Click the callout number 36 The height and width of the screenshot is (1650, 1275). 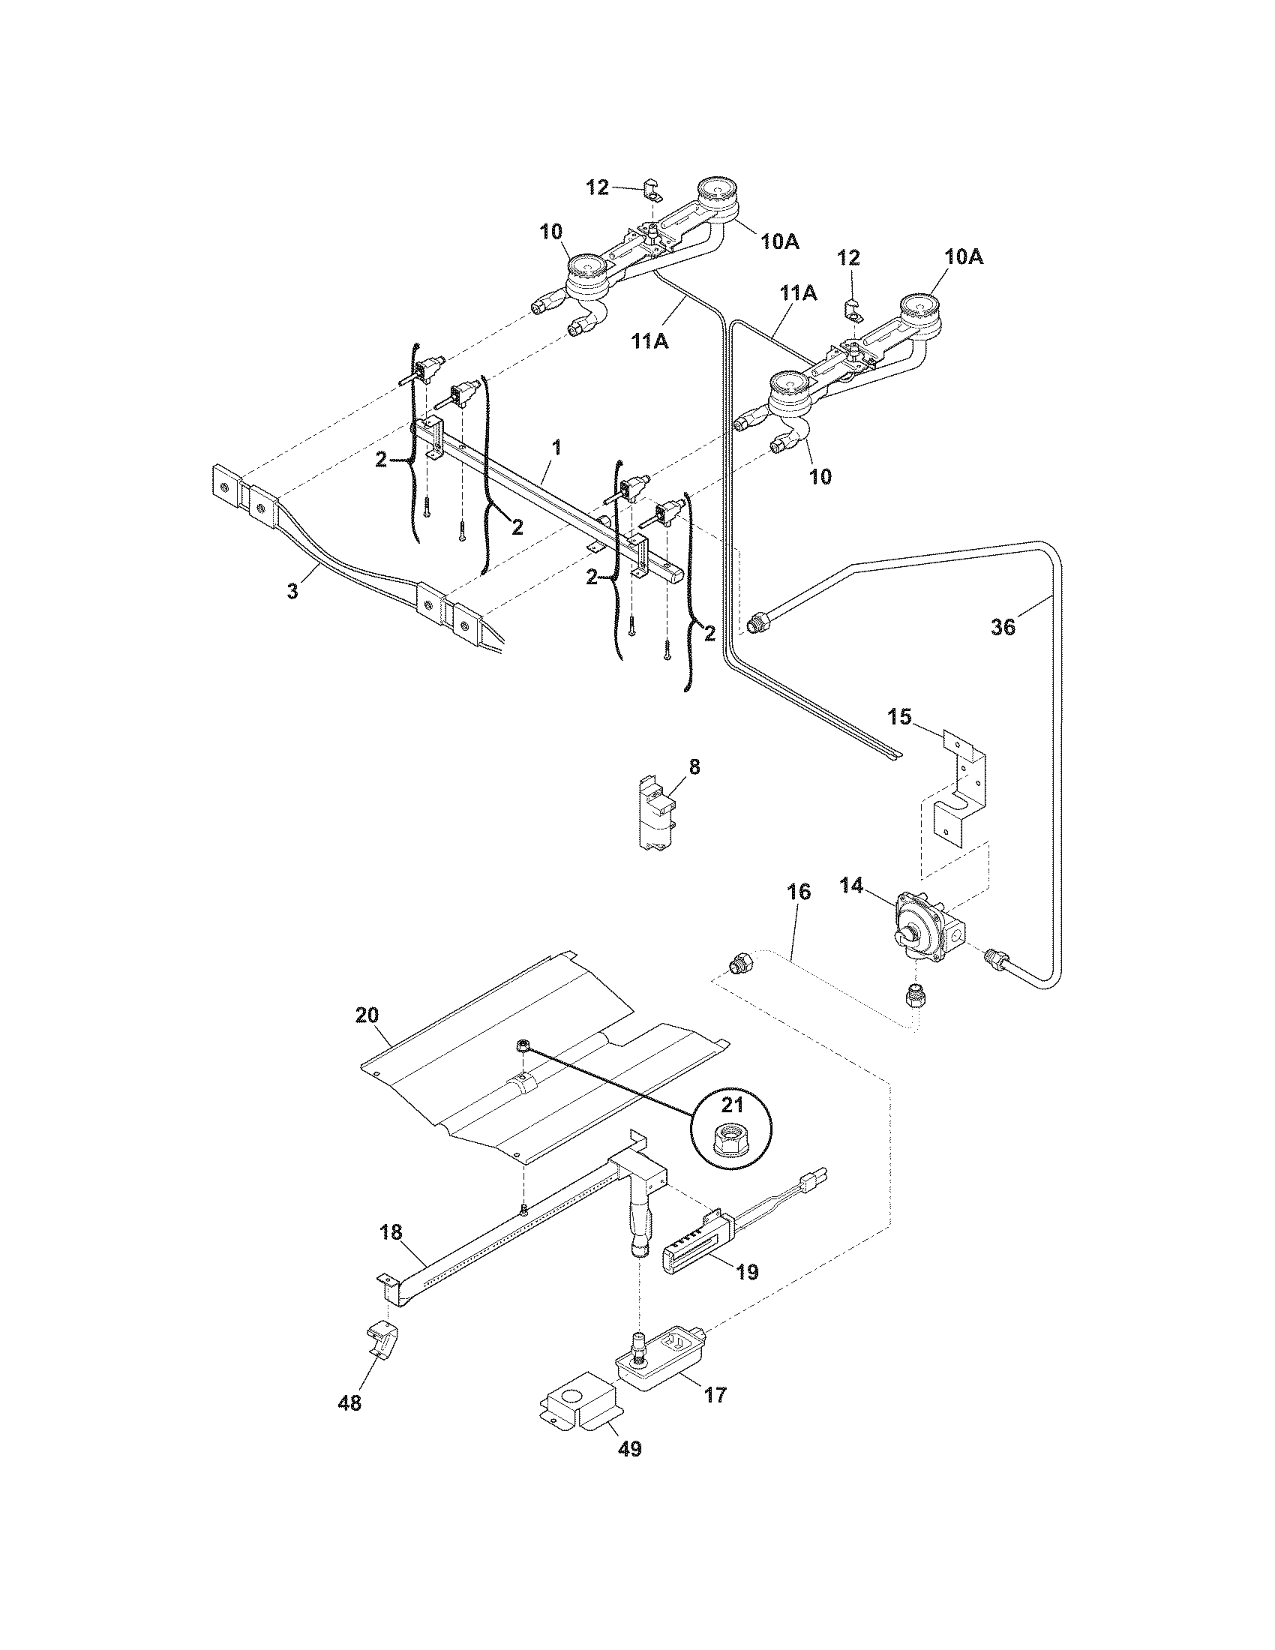[x=1003, y=626]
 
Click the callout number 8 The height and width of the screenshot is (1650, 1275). [x=694, y=766]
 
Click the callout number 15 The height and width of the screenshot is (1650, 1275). [x=898, y=716]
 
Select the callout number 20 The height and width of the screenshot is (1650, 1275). [x=366, y=1015]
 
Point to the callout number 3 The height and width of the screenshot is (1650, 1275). [x=292, y=591]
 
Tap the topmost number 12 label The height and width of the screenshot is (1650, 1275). [x=598, y=187]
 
